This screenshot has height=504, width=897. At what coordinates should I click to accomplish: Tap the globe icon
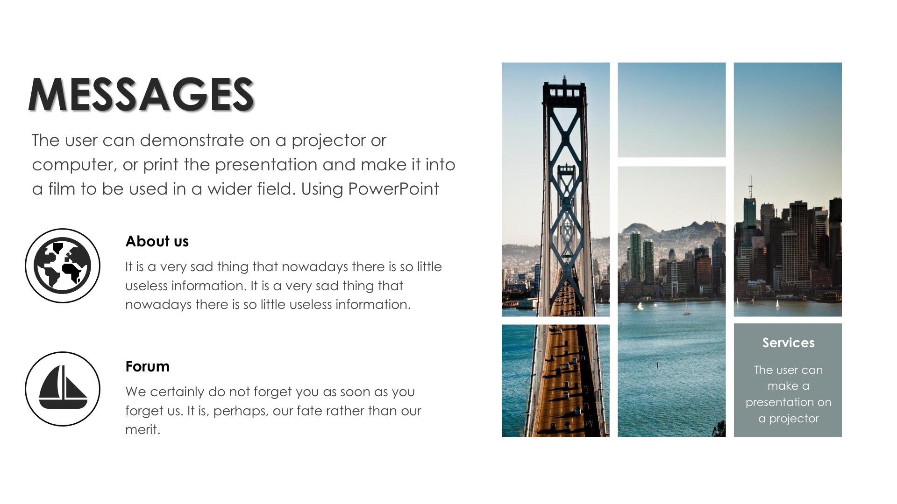(63, 266)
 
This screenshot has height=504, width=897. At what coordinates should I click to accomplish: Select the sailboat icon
(63, 389)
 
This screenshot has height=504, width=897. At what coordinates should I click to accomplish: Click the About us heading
(157, 241)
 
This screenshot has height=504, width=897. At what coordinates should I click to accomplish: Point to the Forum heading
(147, 366)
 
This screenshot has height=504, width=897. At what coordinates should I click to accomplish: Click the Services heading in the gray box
(788, 343)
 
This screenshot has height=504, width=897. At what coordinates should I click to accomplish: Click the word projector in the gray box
(794, 419)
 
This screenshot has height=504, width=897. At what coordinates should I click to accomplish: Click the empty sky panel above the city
(671, 110)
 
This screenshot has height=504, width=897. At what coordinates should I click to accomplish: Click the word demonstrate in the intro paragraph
(192, 140)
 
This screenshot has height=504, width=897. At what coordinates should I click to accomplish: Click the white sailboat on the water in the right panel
(777, 304)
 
